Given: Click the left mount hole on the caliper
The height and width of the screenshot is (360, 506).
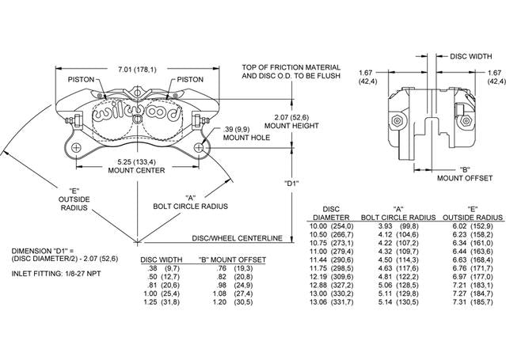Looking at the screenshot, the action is (x=76, y=148).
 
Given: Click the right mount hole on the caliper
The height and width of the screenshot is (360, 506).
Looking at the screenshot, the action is (x=199, y=148).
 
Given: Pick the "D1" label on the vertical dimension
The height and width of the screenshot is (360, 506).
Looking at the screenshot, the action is (x=292, y=184).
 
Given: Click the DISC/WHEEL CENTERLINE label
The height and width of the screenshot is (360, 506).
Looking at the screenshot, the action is (x=238, y=238).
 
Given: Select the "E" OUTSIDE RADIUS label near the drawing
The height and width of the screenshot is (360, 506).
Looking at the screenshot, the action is (x=74, y=199).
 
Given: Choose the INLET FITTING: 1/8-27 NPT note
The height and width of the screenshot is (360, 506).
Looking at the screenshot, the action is (x=56, y=274).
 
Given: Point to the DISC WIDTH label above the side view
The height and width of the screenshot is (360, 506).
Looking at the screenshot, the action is (x=471, y=56).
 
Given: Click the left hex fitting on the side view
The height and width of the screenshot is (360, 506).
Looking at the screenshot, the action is (x=397, y=121).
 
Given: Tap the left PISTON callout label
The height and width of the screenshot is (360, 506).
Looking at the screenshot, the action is (x=81, y=79).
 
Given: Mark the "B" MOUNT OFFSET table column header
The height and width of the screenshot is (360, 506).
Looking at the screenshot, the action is (x=232, y=260).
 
